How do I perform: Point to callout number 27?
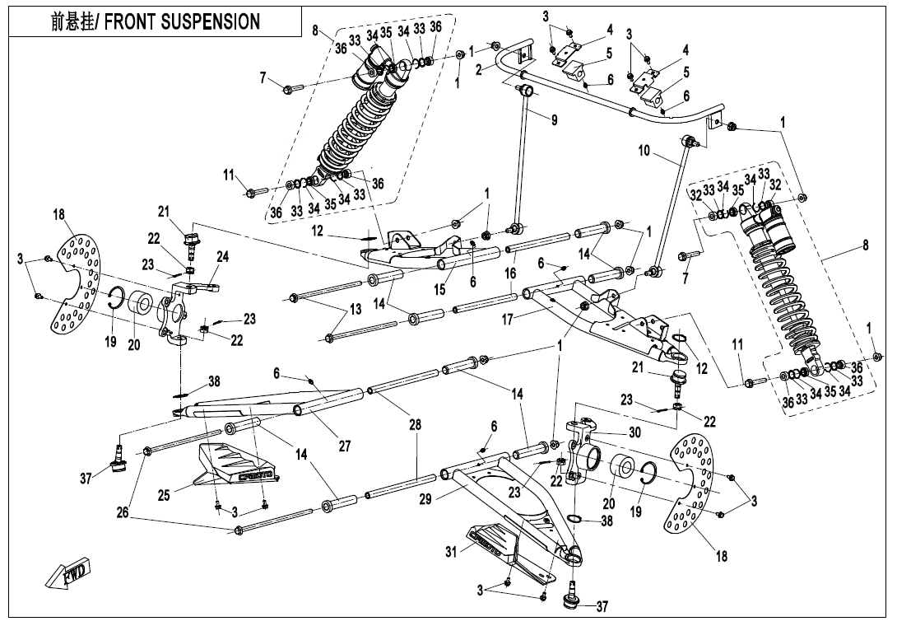coord(344,446)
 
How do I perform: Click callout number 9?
coord(554,119)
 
